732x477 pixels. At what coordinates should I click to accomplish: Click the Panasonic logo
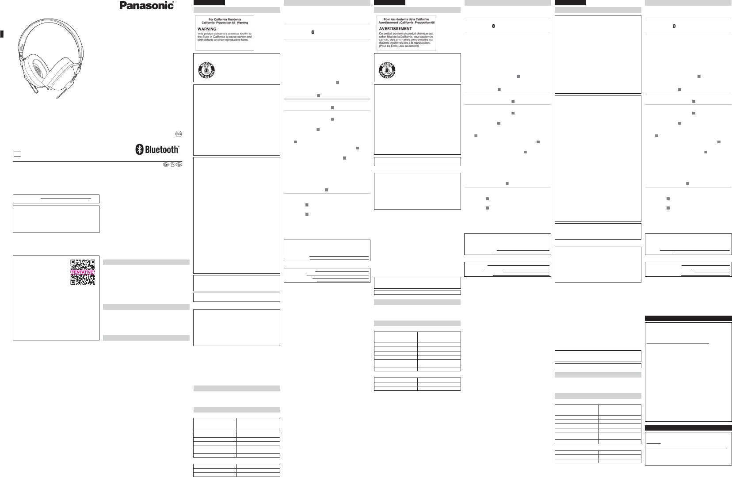click(147, 5)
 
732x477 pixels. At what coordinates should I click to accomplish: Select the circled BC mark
click(179, 134)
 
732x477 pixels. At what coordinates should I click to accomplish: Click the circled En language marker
click(166, 165)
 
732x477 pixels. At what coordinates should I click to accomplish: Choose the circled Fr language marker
click(172, 165)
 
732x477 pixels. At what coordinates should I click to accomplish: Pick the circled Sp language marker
click(179, 165)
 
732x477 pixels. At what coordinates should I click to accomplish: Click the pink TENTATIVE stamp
click(83, 272)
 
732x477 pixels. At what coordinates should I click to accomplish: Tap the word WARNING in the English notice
click(207, 29)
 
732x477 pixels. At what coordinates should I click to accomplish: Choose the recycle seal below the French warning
click(387, 69)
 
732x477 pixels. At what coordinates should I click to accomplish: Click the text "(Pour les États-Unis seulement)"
click(399, 46)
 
